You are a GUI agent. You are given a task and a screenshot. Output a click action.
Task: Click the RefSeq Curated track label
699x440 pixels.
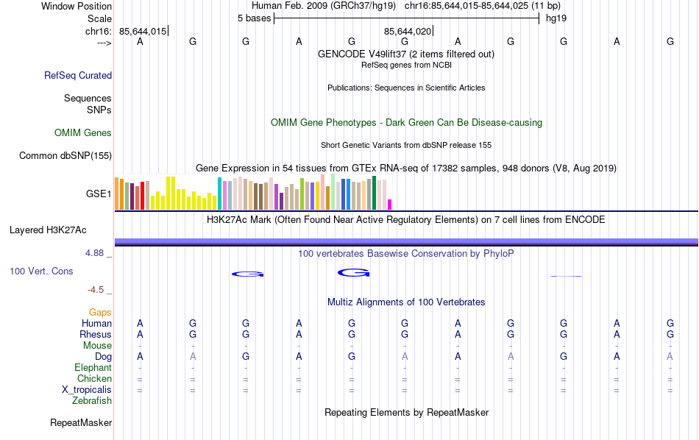[78, 75]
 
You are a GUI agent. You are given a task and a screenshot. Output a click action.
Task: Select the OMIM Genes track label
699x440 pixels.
[83, 133]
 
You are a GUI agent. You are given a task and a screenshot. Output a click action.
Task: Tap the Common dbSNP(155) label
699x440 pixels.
[65, 155]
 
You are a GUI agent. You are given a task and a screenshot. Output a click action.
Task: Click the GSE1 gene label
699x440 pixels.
[99, 194]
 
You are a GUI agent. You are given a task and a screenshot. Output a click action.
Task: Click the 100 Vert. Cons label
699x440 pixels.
[41, 272]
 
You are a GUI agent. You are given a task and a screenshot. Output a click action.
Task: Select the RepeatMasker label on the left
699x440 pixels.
[81, 423]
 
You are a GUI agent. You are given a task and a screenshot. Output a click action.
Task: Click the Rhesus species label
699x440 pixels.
[95, 335]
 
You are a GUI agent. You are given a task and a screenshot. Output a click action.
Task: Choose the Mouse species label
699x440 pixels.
[97, 346]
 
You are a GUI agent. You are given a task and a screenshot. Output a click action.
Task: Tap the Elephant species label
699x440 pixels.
[93, 368]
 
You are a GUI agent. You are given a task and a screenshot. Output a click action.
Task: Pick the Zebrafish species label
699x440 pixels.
[92, 401]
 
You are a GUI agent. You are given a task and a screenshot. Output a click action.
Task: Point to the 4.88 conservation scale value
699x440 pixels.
[97, 253]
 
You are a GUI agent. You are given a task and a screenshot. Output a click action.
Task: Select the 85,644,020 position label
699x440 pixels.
[407, 31]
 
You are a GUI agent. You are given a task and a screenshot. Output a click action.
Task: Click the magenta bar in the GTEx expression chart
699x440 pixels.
[390, 205]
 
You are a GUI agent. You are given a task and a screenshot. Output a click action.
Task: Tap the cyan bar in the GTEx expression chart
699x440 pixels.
[219, 194]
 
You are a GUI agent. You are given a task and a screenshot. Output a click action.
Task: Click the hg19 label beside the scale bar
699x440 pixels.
[556, 18]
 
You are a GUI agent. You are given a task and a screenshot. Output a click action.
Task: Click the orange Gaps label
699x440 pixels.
[100, 313]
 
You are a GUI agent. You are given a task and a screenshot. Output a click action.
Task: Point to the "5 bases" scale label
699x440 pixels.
[254, 18]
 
